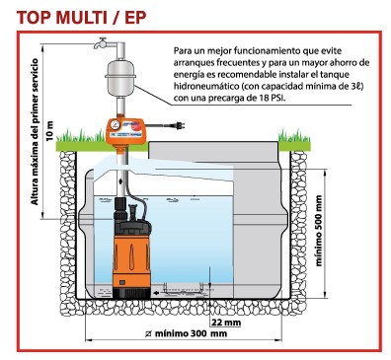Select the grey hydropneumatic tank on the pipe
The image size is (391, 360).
coord(120,77)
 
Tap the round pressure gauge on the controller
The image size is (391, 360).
coord(116,124)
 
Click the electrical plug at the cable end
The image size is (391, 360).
coord(180,125)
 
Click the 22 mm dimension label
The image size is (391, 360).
coord(226,322)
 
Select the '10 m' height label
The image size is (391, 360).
coord(49,131)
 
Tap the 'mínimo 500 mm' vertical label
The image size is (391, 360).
coord(318,231)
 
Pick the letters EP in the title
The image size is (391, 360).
coord(136,17)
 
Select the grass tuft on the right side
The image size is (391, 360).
coord(294,136)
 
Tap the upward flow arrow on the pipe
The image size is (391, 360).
coord(121,181)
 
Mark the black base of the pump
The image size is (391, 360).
coord(131,292)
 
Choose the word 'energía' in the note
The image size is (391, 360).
coord(186,75)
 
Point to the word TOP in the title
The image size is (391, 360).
coord(32,17)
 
